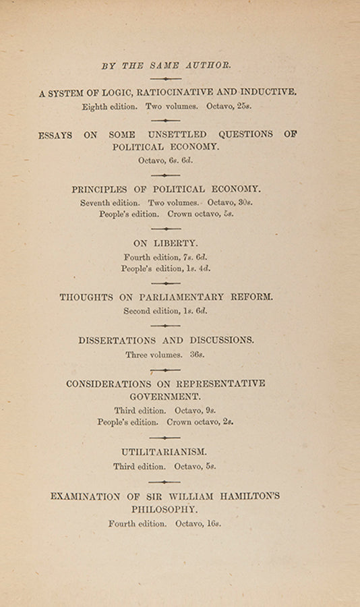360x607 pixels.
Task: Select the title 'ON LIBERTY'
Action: [166, 243]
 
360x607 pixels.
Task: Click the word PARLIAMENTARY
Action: [177, 297]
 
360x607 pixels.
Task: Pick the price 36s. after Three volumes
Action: [198, 354]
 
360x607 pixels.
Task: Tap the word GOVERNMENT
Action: [166, 396]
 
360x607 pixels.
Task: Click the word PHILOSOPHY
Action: [166, 509]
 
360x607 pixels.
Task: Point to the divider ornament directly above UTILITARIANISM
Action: [165, 438]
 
